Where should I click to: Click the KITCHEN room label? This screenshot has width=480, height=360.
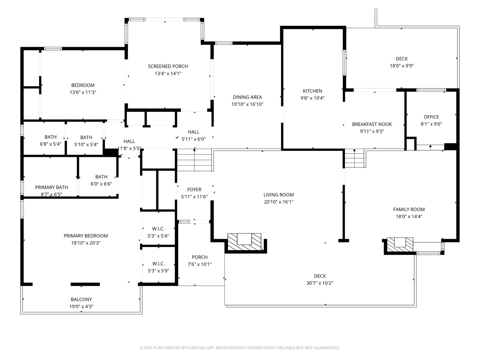(x=312, y=91)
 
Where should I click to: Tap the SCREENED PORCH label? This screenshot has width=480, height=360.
(x=168, y=66)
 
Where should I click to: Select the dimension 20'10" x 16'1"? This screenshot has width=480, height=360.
(x=278, y=202)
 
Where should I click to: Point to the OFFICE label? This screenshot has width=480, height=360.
(x=431, y=117)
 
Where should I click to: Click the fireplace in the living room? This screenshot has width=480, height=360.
(x=244, y=241)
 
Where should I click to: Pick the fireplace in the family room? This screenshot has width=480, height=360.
(x=400, y=245)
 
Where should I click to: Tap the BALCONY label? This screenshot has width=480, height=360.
(x=81, y=299)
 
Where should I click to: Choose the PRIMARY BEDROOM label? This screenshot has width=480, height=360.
(x=86, y=236)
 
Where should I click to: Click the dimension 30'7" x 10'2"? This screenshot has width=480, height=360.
(x=319, y=283)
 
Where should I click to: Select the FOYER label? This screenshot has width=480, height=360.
(x=194, y=190)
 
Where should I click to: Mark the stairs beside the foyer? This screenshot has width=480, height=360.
(x=194, y=160)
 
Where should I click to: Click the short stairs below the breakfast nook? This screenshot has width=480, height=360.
(x=354, y=158)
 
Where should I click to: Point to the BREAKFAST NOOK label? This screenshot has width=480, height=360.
(x=372, y=124)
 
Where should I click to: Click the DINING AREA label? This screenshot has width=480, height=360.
(x=247, y=97)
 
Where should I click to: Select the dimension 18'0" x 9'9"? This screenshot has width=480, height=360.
(x=401, y=66)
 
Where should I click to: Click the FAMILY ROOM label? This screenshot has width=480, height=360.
(x=409, y=209)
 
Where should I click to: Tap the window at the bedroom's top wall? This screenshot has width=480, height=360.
(x=53, y=49)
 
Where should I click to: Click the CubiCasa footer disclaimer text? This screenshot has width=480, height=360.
(x=240, y=348)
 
